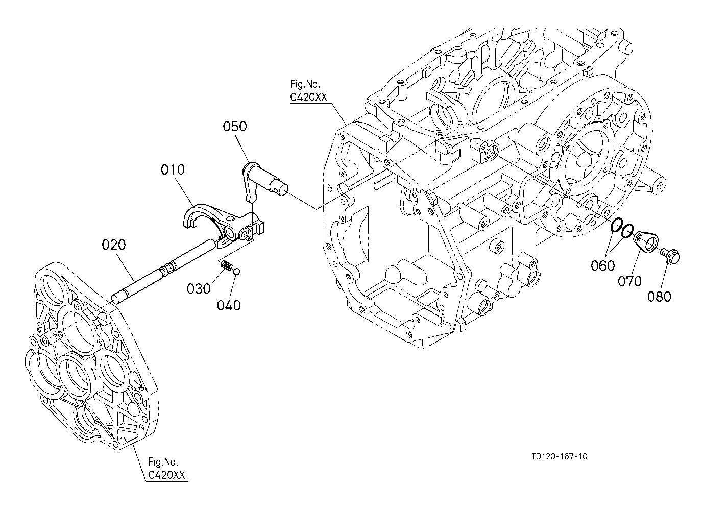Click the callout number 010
(x=173, y=169)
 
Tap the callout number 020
(x=114, y=245)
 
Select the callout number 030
(x=199, y=288)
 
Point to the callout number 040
(x=229, y=305)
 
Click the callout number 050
(x=235, y=126)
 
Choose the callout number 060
(x=603, y=266)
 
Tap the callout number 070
(x=630, y=281)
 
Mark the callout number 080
(x=660, y=297)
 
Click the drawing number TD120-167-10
(x=560, y=456)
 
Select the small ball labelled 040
(x=237, y=271)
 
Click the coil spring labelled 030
(x=226, y=266)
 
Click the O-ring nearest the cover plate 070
(x=626, y=231)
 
